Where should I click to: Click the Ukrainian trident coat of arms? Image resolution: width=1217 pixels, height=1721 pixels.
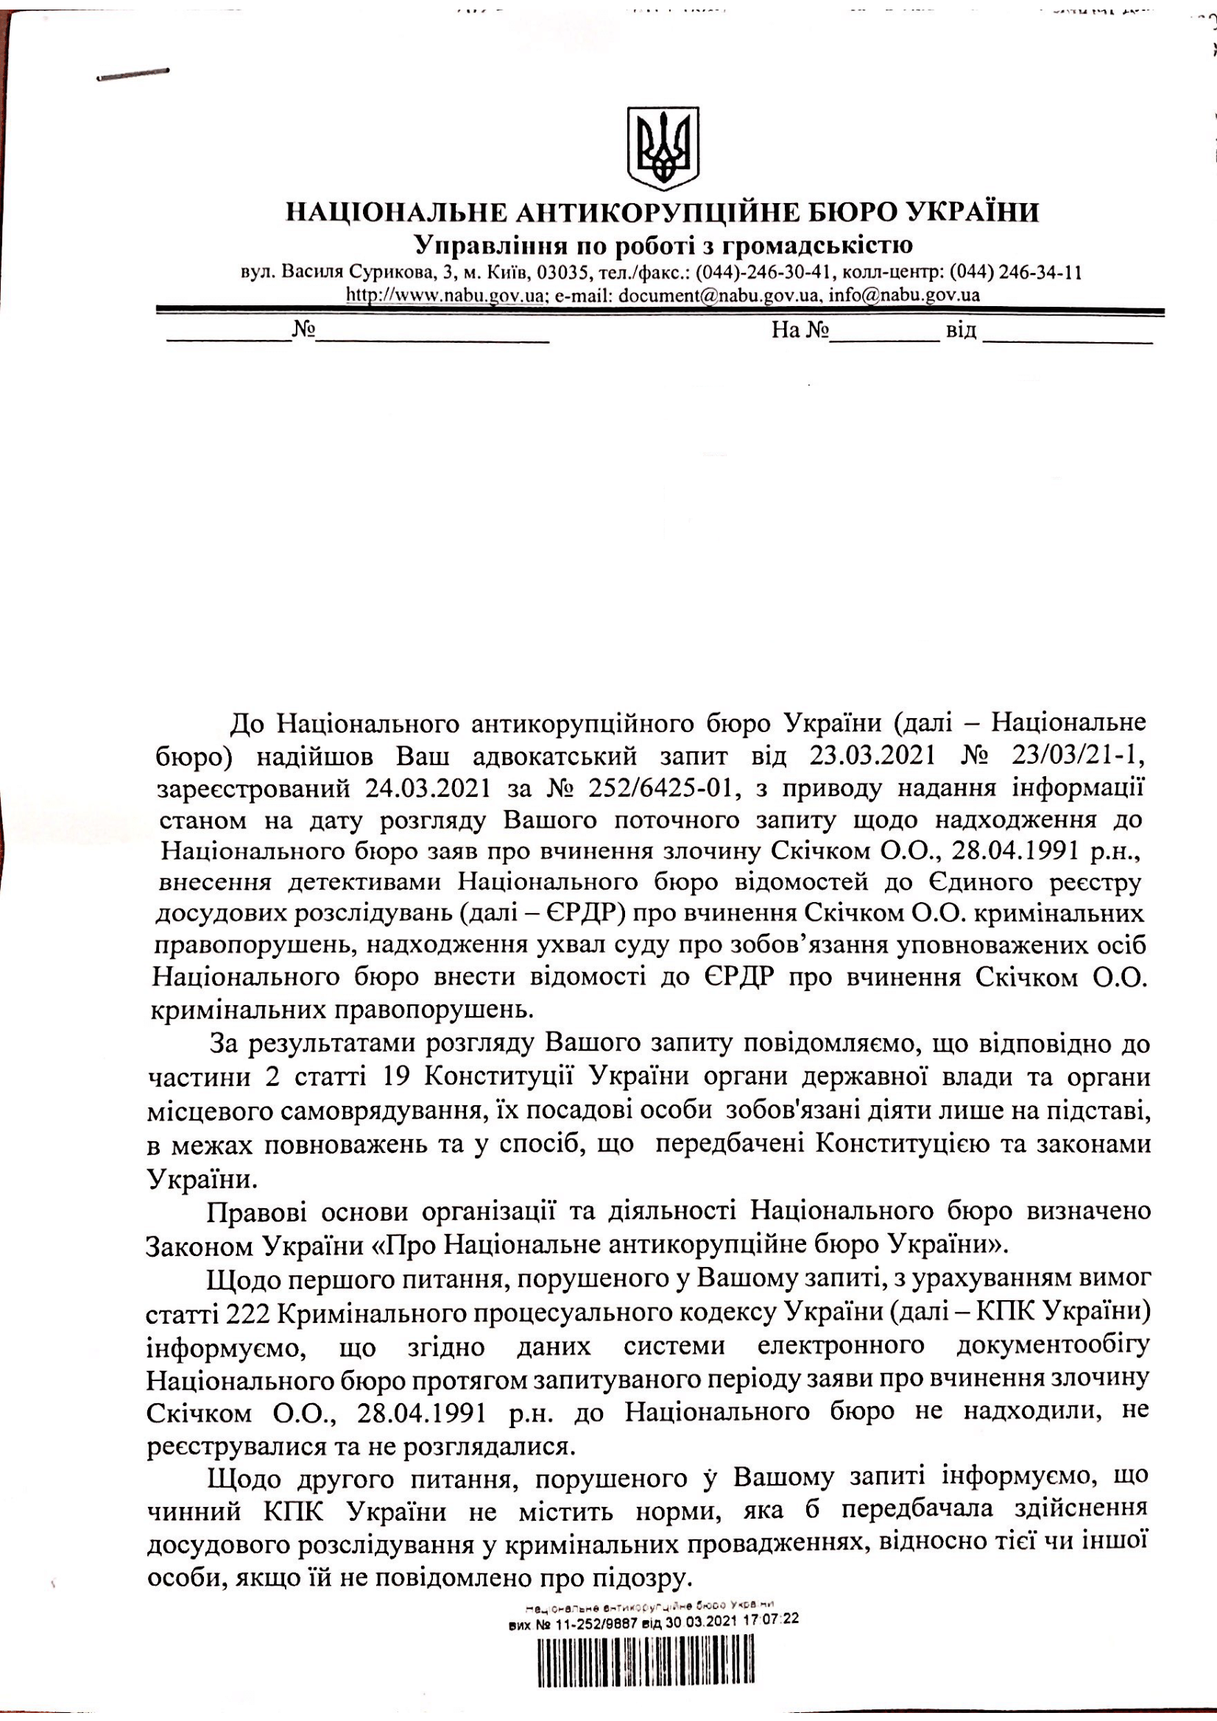pos(663,148)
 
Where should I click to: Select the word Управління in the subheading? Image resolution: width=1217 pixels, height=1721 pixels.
pos(490,245)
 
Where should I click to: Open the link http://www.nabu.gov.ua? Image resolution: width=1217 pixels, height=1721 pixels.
pos(445,294)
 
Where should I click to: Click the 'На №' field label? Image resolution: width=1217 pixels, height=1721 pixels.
pos(800,330)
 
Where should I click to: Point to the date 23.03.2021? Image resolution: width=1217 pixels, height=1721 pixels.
pos(872,756)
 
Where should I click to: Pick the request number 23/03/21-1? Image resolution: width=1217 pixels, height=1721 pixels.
pos(1078,756)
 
